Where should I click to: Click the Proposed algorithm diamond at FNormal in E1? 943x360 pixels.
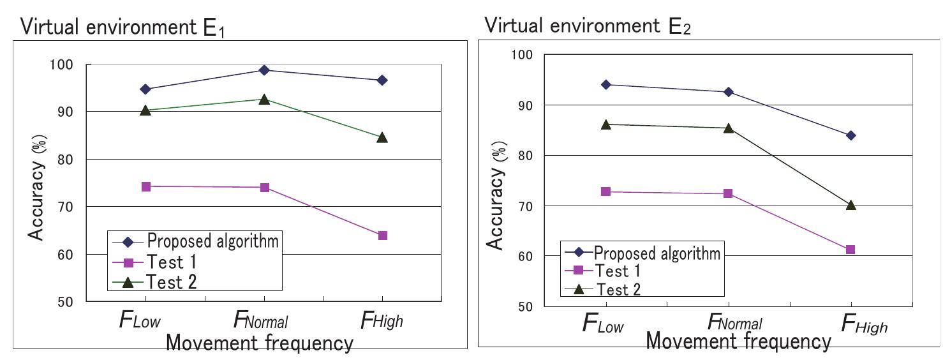point(264,70)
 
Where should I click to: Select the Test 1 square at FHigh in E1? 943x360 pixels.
point(382,236)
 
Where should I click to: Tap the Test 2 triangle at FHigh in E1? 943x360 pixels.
point(382,137)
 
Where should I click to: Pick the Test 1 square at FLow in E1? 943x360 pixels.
point(145,186)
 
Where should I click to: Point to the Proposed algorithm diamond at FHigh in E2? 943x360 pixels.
point(850,135)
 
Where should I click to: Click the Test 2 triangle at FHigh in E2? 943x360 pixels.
point(850,205)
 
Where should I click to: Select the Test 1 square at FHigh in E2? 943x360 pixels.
point(850,250)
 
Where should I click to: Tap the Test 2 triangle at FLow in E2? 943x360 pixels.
point(605,124)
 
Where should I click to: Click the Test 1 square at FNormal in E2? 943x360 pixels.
point(728,193)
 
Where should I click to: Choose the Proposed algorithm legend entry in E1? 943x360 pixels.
point(198,241)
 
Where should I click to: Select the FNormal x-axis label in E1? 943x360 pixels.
point(262,320)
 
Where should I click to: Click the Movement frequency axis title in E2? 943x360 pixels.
point(738,341)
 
